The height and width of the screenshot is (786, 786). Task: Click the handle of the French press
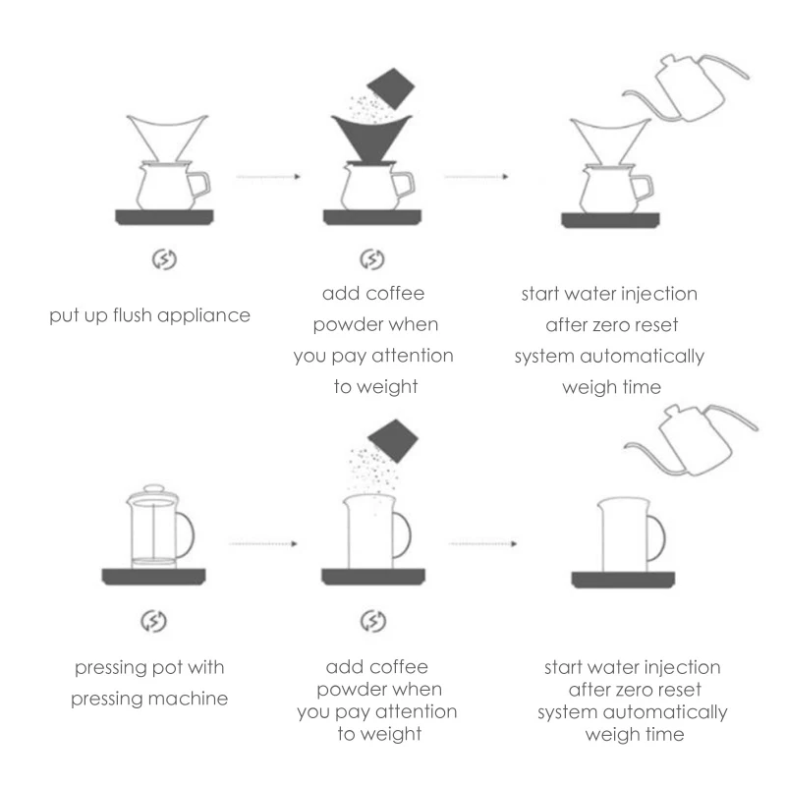click(x=187, y=533)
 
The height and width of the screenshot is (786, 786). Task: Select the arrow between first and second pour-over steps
click(x=266, y=178)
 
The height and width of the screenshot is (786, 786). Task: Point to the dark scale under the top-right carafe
click(x=610, y=218)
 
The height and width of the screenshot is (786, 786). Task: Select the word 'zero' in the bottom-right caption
click(x=638, y=689)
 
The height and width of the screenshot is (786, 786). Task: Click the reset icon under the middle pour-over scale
click(x=371, y=260)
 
